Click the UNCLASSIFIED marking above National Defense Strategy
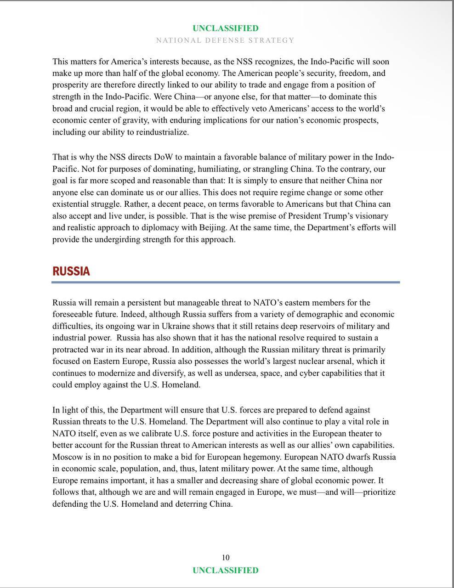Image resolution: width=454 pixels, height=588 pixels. click(225, 28)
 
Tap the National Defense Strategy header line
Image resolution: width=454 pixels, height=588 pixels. click(225, 40)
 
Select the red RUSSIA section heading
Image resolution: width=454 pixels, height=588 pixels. click(71, 271)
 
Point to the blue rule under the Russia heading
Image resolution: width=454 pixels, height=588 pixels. click(225, 282)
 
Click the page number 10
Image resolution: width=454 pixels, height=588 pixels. click(225, 558)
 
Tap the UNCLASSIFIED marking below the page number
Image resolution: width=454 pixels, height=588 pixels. click(225, 570)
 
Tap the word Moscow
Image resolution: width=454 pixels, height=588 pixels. click(67, 457)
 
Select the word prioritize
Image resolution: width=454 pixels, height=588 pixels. click(376, 492)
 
